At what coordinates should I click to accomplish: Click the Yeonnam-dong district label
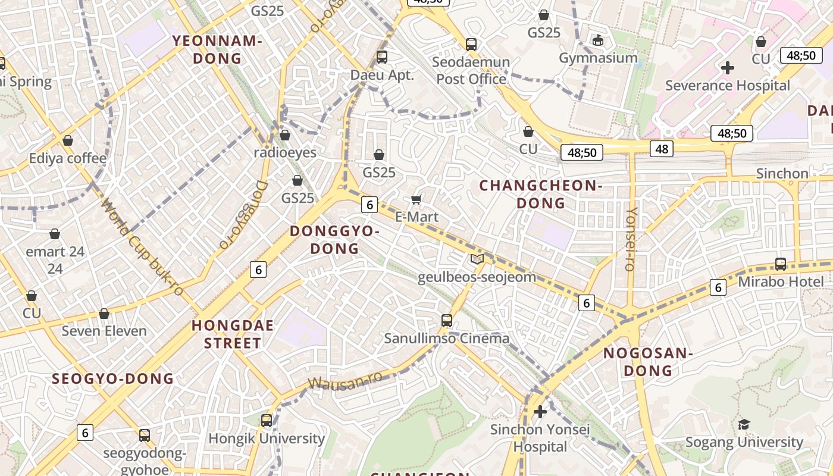pyautogui.click(x=217, y=49)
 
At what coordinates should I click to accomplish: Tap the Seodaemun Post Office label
pyautogui.click(x=471, y=70)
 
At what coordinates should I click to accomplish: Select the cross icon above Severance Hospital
pyautogui.click(x=727, y=68)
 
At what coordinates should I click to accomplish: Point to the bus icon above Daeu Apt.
pyautogui.click(x=382, y=57)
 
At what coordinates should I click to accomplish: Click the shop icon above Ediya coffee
pyautogui.click(x=68, y=140)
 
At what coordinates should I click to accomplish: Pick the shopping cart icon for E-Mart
pyautogui.click(x=416, y=199)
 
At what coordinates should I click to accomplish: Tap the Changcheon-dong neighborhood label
pyautogui.click(x=541, y=194)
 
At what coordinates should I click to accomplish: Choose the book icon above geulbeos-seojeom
pyautogui.click(x=477, y=259)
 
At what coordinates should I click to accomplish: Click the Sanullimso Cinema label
pyautogui.click(x=446, y=339)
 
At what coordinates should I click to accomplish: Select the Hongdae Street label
pyautogui.click(x=233, y=334)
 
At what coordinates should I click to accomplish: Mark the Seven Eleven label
pyautogui.click(x=104, y=331)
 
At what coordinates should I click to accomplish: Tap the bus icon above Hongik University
pyautogui.click(x=267, y=420)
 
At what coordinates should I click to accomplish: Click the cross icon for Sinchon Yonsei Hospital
pyautogui.click(x=540, y=411)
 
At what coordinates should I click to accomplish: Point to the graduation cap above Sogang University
pyautogui.click(x=744, y=424)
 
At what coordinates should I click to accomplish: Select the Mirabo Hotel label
pyautogui.click(x=781, y=281)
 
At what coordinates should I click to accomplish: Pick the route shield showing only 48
pyautogui.click(x=661, y=148)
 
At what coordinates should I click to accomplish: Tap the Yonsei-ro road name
pyautogui.click(x=631, y=239)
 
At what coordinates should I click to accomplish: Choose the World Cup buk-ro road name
pyautogui.click(x=142, y=247)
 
